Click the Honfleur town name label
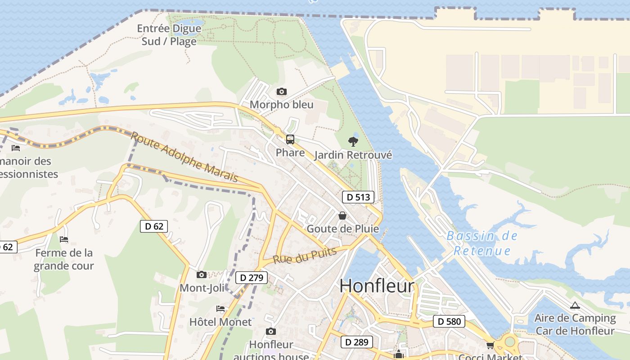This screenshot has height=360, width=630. click(377, 286)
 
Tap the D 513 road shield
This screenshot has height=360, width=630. click(358, 197)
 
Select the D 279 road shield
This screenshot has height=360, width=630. click(252, 278)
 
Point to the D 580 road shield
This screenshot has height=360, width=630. click(449, 321)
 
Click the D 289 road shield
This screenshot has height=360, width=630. click(357, 342)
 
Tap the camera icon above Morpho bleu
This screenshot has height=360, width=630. click(282, 92)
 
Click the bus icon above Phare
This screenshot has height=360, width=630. click(290, 139)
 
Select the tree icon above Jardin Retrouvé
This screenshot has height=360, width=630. click(353, 142)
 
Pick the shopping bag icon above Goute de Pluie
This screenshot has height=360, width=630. click(342, 216)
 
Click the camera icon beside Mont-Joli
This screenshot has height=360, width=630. click(202, 274)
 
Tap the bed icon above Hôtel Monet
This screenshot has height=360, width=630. click(220, 309)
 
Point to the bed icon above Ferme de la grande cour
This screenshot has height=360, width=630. click(64, 239)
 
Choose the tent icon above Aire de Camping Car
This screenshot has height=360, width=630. click(575, 306)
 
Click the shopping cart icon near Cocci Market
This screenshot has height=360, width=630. click(490, 345)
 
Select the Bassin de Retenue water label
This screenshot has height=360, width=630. click(482, 243)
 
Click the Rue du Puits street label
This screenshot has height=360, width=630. click(305, 256)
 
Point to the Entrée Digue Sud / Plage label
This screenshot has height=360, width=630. click(169, 35)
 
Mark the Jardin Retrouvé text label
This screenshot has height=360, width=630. click(353, 155)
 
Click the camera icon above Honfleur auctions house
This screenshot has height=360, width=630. click(271, 332)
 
